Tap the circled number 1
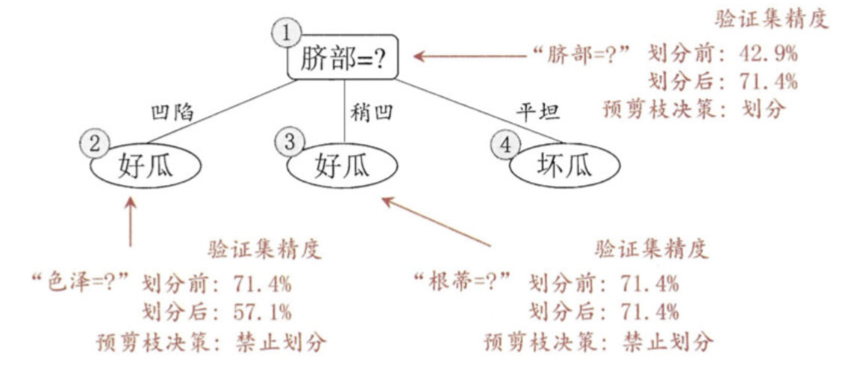coord(286,32)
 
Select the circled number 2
coord(94,143)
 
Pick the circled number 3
coord(290,141)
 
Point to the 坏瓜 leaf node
coord(565,166)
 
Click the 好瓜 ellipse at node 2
coord(145,166)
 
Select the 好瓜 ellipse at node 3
coord(342,166)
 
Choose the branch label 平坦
coord(538,112)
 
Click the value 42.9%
coord(769,54)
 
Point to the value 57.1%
coord(262,312)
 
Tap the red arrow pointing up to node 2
coord(131,222)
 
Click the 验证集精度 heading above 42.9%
coord(771,20)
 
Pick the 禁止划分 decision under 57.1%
coord(281,342)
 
